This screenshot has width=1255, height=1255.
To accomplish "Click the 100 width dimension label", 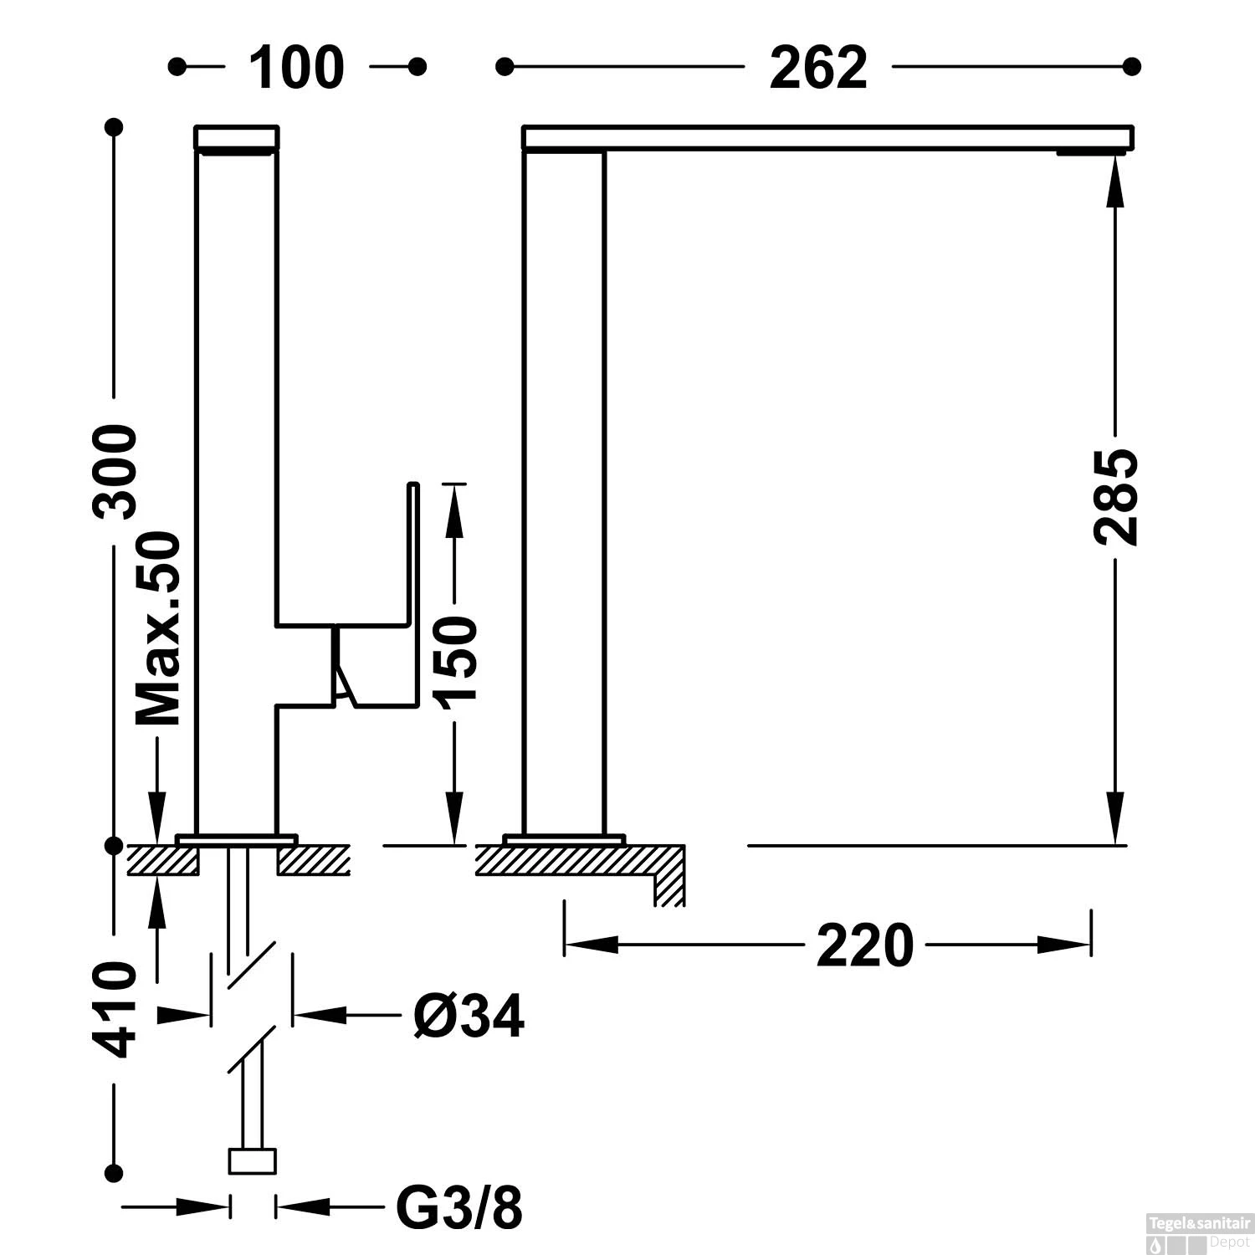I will tap(297, 68).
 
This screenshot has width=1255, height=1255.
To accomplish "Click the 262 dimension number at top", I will tap(818, 68).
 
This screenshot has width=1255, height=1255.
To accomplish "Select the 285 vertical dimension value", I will tap(1115, 497).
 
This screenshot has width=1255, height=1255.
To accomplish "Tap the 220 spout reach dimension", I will tap(864, 946).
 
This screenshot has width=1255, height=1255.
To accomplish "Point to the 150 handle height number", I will tap(456, 658).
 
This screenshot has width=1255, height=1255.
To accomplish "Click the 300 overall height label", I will tap(116, 472).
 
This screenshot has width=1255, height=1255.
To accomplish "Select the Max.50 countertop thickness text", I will tap(158, 627).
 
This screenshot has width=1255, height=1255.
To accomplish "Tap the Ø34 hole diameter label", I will tap(469, 1016).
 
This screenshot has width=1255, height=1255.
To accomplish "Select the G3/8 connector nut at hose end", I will tap(252, 1161).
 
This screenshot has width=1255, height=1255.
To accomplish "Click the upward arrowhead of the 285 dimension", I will tap(1114, 180).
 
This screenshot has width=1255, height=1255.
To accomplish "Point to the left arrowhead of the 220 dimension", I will tap(590, 945).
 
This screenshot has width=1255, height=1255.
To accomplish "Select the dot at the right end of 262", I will tap(1132, 66).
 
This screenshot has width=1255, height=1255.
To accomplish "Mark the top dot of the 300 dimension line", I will tap(114, 127).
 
